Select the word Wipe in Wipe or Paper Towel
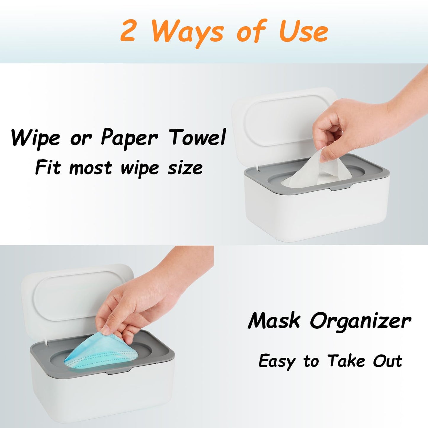point(36,138)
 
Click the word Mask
point(274,320)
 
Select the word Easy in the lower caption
point(277,361)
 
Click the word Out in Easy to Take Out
point(387,361)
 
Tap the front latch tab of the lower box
point(118,371)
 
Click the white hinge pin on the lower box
point(47,344)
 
